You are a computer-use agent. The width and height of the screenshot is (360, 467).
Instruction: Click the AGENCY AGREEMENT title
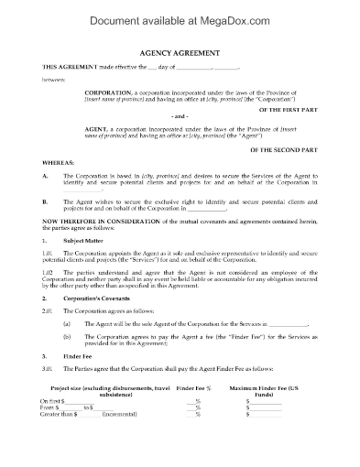pyautogui.click(x=180, y=52)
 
